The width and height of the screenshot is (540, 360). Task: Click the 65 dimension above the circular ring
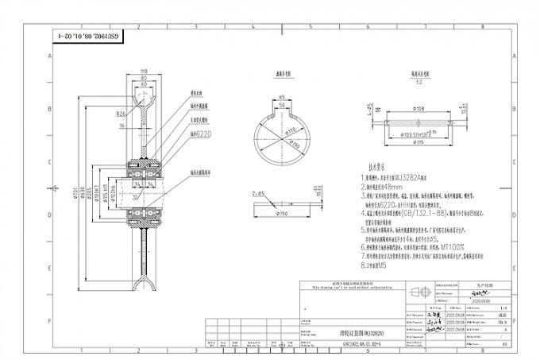tap(282, 95)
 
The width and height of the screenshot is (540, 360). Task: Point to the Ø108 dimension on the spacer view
tap(418, 110)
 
